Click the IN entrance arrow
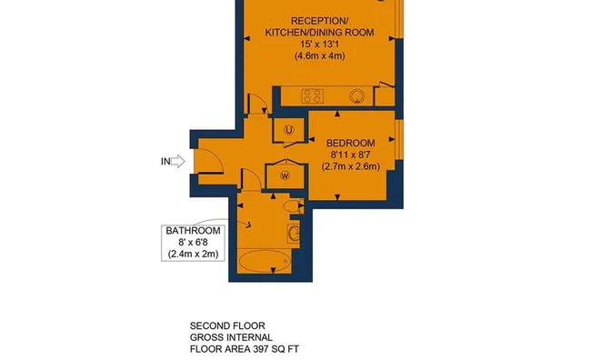(x=177, y=162)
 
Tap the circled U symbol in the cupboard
(x=288, y=130)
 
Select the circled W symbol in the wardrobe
(x=285, y=175)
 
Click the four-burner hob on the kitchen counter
(x=313, y=96)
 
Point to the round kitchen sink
(x=356, y=96)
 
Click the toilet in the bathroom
(x=293, y=206)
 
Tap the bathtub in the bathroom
(x=264, y=262)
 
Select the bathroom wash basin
(x=294, y=233)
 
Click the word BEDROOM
(x=351, y=143)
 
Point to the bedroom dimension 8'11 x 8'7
(x=351, y=155)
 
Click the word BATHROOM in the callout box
(x=193, y=231)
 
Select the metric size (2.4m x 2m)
(x=193, y=254)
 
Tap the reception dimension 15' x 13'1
(x=319, y=44)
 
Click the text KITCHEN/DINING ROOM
(x=319, y=33)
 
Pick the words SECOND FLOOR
(x=227, y=325)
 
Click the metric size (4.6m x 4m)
(x=319, y=56)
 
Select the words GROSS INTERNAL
(x=231, y=337)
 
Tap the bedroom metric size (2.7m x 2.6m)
(x=351, y=166)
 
